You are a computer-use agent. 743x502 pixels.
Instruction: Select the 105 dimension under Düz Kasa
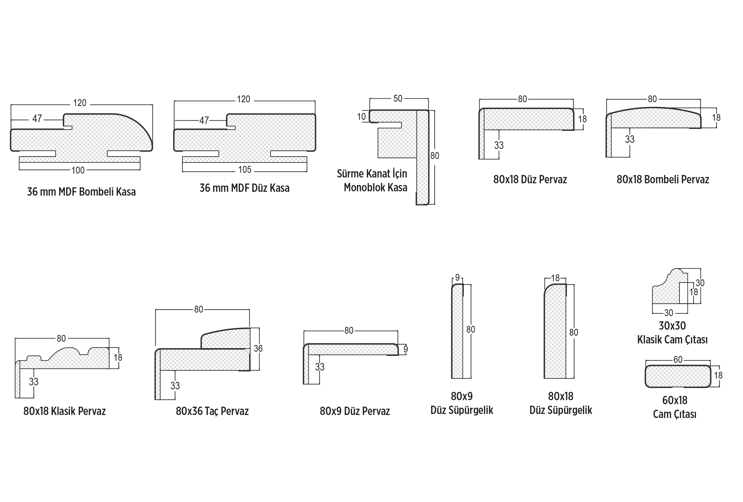pyautogui.click(x=245, y=170)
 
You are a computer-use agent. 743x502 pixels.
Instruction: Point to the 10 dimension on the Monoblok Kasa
pyautogui.click(x=361, y=117)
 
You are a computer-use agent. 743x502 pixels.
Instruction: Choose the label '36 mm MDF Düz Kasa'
pyautogui.click(x=245, y=188)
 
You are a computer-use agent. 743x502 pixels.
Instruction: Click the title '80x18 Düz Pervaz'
pyautogui.click(x=530, y=180)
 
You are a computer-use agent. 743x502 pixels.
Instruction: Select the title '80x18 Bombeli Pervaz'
pyautogui.click(x=663, y=180)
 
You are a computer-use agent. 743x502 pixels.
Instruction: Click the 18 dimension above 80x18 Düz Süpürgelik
pyautogui.click(x=555, y=278)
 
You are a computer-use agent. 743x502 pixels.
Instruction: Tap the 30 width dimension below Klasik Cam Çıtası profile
pyautogui.click(x=668, y=313)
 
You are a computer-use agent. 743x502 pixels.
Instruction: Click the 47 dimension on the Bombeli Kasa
pyautogui.click(x=37, y=119)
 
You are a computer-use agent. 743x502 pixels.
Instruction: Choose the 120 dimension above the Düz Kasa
pyautogui.click(x=243, y=99)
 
